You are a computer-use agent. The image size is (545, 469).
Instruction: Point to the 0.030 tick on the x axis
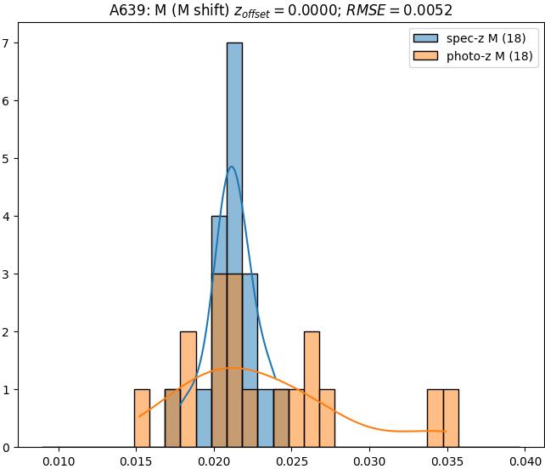click(368, 448)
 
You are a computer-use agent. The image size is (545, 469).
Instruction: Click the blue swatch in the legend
click(427, 38)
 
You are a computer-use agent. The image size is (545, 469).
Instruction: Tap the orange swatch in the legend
click(427, 56)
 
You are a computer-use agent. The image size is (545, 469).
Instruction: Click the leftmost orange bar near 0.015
click(142, 418)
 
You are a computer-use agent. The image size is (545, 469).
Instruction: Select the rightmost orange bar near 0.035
click(451, 418)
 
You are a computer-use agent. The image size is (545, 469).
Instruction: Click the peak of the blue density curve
click(231, 167)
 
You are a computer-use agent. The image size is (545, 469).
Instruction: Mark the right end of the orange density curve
click(446, 432)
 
